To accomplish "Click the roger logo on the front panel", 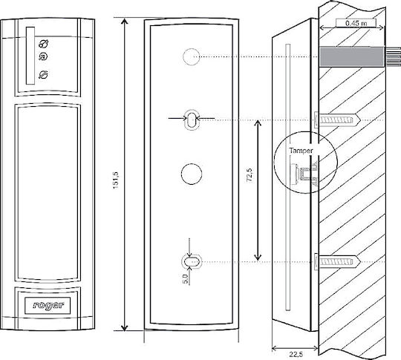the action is coord(48,306).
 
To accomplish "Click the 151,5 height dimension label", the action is coord(116,180).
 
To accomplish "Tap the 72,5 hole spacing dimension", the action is coord(250,174).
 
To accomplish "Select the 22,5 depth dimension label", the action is coord(296,355).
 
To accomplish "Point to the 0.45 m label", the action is coord(356,23).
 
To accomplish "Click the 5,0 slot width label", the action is coord(186,278).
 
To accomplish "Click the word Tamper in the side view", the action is coord(301,151).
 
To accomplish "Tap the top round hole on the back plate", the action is coord(192,56).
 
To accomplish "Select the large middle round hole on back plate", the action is coord(192,174).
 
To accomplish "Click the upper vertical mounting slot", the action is coord(192,120).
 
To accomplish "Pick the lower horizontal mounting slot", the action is coord(192,262).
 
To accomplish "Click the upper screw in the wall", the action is coord(337,120).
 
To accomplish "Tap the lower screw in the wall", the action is coord(337,261).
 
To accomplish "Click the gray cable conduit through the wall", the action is coord(353,56).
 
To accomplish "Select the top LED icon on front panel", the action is coord(44,44).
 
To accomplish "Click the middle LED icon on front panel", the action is coord(43,56).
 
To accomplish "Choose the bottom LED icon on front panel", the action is coord(43,75).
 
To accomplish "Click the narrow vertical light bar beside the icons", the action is coord(30,56).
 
